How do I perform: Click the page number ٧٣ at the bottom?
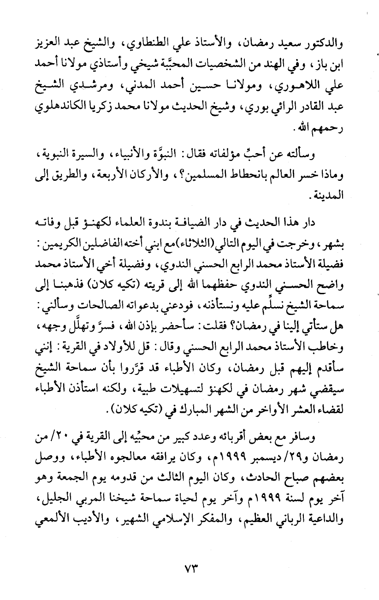click(x=189, y=576)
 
